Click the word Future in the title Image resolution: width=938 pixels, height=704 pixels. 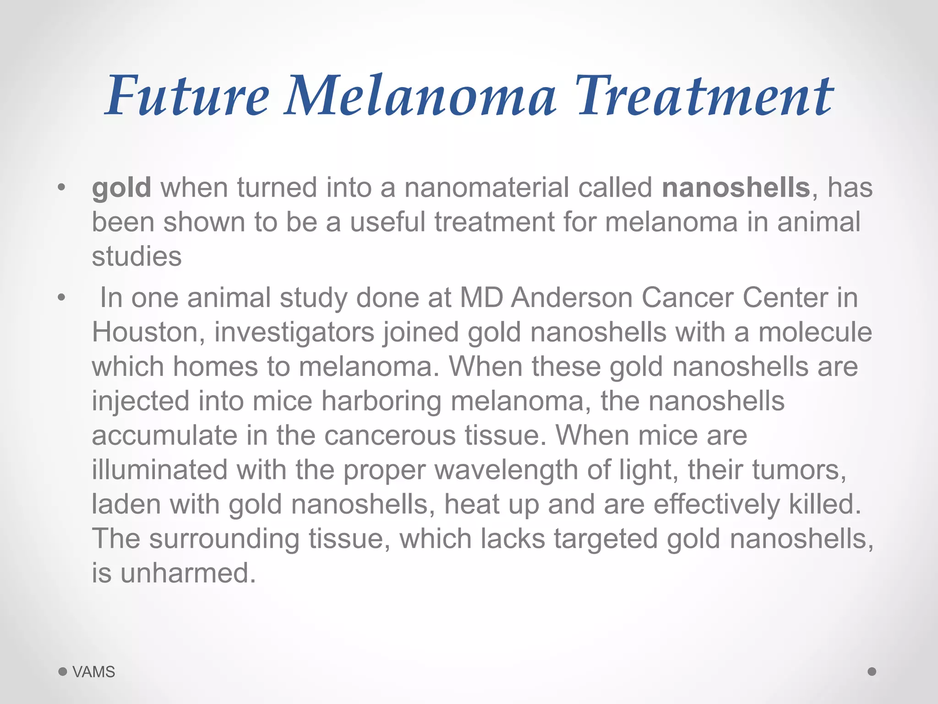(x=188, y=96)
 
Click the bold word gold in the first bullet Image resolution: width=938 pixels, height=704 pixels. (x=121, y=188)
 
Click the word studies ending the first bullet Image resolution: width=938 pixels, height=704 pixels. (x=136, y=256)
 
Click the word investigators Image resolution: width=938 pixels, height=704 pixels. (x=294, y=332)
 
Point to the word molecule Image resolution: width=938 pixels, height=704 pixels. (x=815, y=332)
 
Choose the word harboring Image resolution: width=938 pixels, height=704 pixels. (x=382, y=401)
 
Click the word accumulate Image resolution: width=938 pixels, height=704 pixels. (x=164, y=435)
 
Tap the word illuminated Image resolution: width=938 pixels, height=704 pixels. (x=160, y=470)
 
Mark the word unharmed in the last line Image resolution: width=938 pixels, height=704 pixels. (x=188, y=573)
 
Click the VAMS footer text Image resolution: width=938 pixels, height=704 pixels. (x=93, y=672)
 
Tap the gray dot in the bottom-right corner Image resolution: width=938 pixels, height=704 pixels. (x=872, y=671)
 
